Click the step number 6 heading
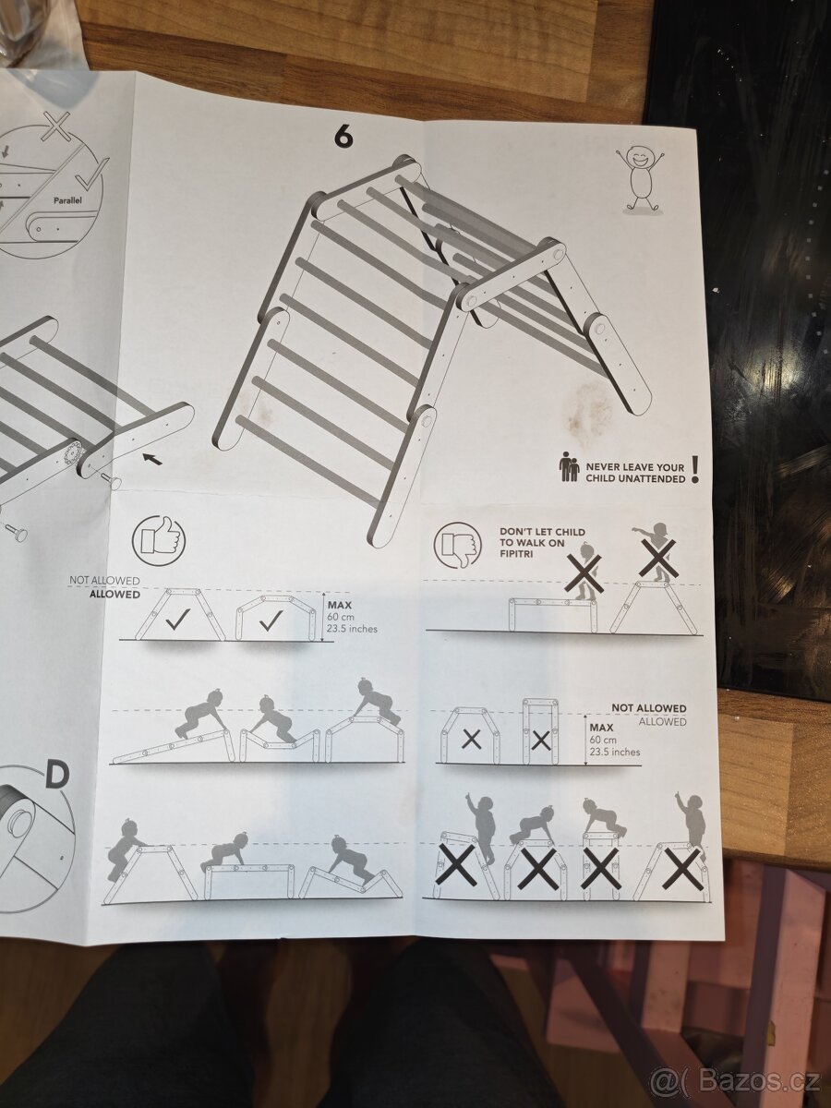pos(343,137)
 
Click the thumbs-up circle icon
pos(158,541)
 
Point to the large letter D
pos(56,776)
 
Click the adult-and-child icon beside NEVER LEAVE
pos(569,467)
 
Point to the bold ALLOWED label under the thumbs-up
pos(114,595)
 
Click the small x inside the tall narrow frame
pos(541,740)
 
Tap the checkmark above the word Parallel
pos(91,173)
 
